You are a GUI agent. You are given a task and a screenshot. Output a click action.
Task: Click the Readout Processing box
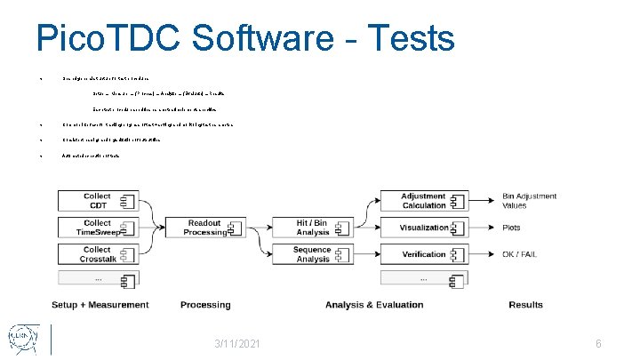[x=205, y=228]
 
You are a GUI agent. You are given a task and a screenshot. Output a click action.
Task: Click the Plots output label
[x=512, y=228]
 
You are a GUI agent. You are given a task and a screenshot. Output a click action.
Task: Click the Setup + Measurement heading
[x=100, y=305]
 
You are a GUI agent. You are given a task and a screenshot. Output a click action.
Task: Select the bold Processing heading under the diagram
[x=205, y=305]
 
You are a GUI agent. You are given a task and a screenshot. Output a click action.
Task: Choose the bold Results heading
[x=525, y=305]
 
